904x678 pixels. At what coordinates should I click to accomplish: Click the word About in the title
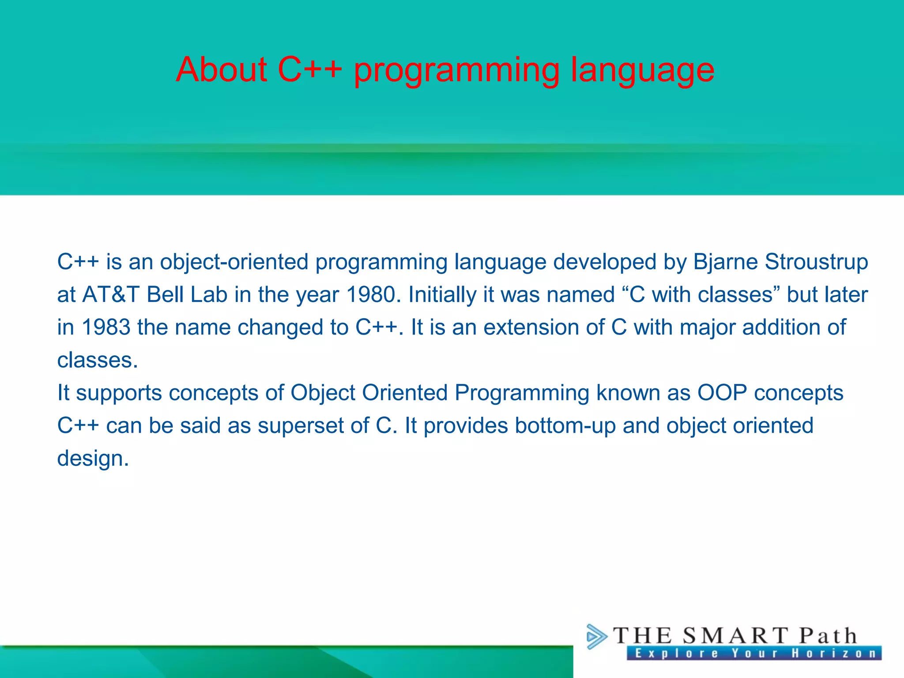point(222,70)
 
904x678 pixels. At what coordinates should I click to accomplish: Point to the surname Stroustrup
point(816,262)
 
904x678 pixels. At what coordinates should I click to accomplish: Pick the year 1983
point(106,328)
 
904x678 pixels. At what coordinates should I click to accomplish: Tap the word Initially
point(442,295)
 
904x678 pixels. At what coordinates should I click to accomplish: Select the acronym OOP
point(722,393)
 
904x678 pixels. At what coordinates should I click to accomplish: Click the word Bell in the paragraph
point(165,295)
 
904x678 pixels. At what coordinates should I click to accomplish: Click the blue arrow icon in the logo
point(596,637)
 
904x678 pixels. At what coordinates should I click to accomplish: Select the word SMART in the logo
point(735,636)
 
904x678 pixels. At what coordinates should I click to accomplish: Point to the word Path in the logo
point(828,636)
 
